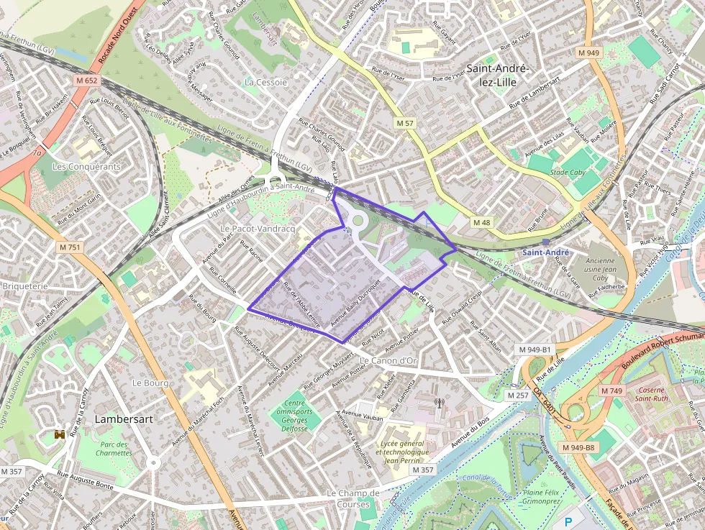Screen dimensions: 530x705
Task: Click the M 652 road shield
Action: [x=86, y=81]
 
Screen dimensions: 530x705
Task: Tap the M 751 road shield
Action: [x=70, y=247]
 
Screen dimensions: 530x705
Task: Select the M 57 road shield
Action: [x=405, y=124]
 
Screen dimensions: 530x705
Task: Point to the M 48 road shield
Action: [x=481, y=223]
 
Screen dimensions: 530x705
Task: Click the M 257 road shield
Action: [x=517, y=396]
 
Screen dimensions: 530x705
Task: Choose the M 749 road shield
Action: [x=611, y=390]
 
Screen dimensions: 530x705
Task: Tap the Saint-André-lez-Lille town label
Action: [x=498, y=74]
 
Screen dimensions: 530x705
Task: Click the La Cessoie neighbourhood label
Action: [x=265, y=82]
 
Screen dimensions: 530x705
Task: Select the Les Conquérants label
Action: [x=87, y=166]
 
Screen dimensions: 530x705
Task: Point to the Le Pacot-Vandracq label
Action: [x=258, y=228]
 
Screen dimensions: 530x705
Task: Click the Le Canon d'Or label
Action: [x=388, y=360]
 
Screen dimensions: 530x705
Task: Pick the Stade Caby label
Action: [x=568, y=173]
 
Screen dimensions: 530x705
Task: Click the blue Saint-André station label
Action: [x=545, y=252]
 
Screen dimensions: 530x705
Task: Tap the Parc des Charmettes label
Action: [x=114, y=449]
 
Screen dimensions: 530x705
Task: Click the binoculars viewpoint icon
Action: [x=60, y=434]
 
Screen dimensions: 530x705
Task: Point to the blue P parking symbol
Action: [x=569, y=522]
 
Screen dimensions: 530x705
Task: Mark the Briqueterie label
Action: [x=24, y=285]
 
